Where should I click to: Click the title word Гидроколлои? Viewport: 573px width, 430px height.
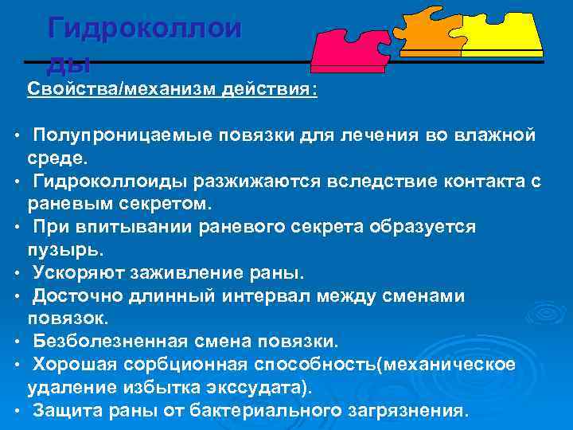[144, 29]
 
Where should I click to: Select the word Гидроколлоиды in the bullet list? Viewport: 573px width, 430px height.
[108, 182]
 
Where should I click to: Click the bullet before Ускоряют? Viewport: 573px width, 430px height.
[16, 274]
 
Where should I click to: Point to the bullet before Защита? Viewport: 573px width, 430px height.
[16, 411]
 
